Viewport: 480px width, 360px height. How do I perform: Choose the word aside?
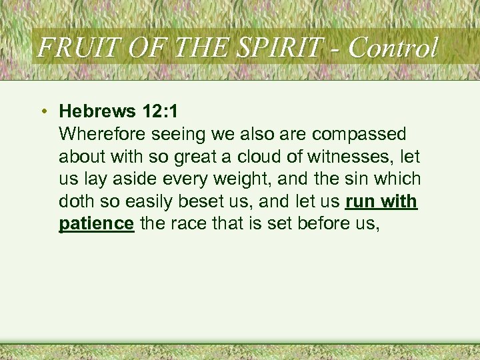point(137,179)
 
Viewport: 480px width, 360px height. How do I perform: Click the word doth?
point(75,201)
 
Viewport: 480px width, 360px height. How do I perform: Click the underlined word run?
point(361,201)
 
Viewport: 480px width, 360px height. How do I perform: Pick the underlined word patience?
point(97,224)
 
